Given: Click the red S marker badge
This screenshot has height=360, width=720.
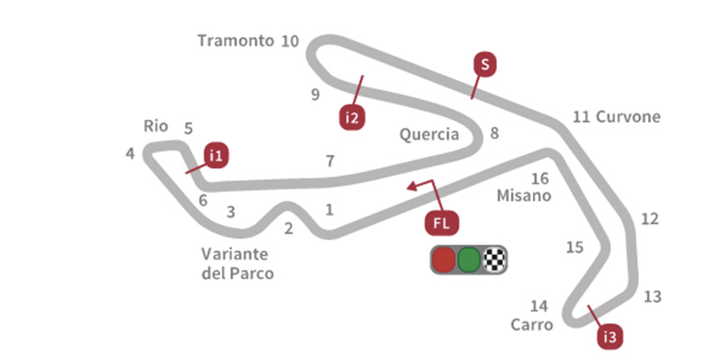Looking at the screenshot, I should point(484,64).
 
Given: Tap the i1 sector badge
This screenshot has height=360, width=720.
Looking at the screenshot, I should point(215,155).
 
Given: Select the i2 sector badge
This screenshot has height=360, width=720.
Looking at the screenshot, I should point(352,117).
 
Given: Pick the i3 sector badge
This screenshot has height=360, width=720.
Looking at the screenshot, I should point(610,337).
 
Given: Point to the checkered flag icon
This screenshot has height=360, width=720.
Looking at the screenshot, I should point(493,260).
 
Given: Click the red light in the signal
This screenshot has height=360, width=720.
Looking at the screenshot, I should point(444,260).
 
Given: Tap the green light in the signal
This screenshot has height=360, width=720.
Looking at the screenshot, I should point(468,260).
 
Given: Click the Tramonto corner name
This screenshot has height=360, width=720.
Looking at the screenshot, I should point(234,40).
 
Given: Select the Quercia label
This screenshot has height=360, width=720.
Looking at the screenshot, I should point(429,135).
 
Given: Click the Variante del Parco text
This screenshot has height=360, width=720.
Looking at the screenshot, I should point(238,262).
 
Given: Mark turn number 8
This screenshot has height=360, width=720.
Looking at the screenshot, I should point(494,134).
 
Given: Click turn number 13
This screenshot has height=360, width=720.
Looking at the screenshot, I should point(652,296).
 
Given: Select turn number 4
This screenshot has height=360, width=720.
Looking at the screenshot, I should point(130,154).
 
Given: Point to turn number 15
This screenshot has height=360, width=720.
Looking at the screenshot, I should point(574,247).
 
